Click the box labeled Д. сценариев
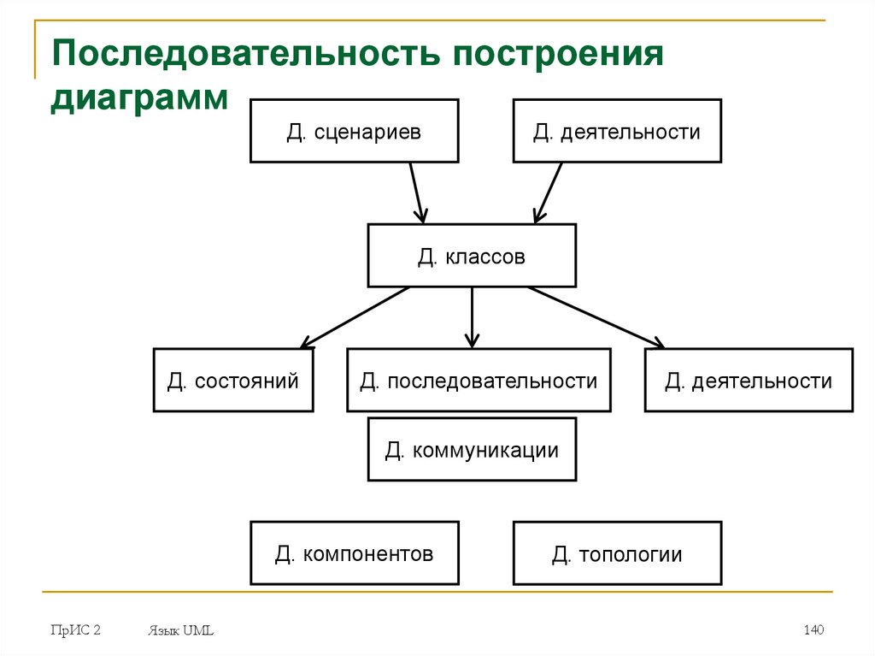[354, 131]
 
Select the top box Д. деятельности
[616, 131]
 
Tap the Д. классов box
[472, 256]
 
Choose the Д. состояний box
[232, 381]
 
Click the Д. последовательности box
[479, 381]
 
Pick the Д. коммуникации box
[472, 449]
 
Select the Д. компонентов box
[354, 553]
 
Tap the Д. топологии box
[616, 554]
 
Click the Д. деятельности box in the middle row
[749, 381]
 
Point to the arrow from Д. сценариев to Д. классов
[417, 192]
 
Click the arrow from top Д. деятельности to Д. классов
[548, 192]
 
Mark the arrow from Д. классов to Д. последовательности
[472, 316]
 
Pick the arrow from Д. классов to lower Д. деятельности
[596, 317]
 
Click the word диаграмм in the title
[138, 96]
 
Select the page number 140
[813, 630]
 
